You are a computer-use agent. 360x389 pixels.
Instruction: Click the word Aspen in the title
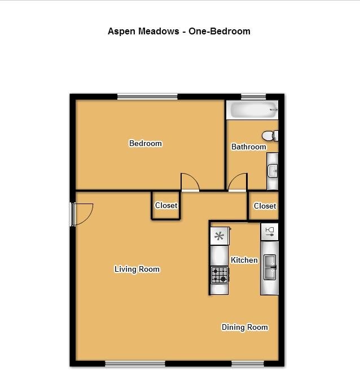(120, 32)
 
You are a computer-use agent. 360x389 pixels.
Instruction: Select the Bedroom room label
(146, 144)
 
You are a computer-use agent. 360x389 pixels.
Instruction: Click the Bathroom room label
(248, 147)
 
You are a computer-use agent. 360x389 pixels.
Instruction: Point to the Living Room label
(137, 269)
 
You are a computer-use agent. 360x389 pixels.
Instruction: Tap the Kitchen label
(244, 260)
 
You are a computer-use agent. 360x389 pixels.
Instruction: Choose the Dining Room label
(244, 327)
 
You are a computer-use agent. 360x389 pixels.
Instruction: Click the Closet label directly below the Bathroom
(265, 206)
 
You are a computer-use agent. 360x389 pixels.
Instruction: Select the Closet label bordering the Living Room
(166, 206)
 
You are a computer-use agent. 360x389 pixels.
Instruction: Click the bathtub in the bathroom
(252, 110)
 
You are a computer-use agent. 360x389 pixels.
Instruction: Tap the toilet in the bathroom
(270, 136)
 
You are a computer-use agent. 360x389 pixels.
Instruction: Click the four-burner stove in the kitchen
(219, 275)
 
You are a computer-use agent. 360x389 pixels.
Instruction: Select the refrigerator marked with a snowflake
(219, 236)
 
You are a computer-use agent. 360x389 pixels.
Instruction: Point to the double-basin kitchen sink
(270, 267)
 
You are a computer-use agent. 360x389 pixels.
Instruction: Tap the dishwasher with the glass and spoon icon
(270, 231)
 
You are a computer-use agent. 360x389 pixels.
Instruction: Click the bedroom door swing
(190, 182)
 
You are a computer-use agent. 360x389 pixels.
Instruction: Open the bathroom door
(238, 182)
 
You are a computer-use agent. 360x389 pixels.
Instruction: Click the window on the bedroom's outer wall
(147, 97)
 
